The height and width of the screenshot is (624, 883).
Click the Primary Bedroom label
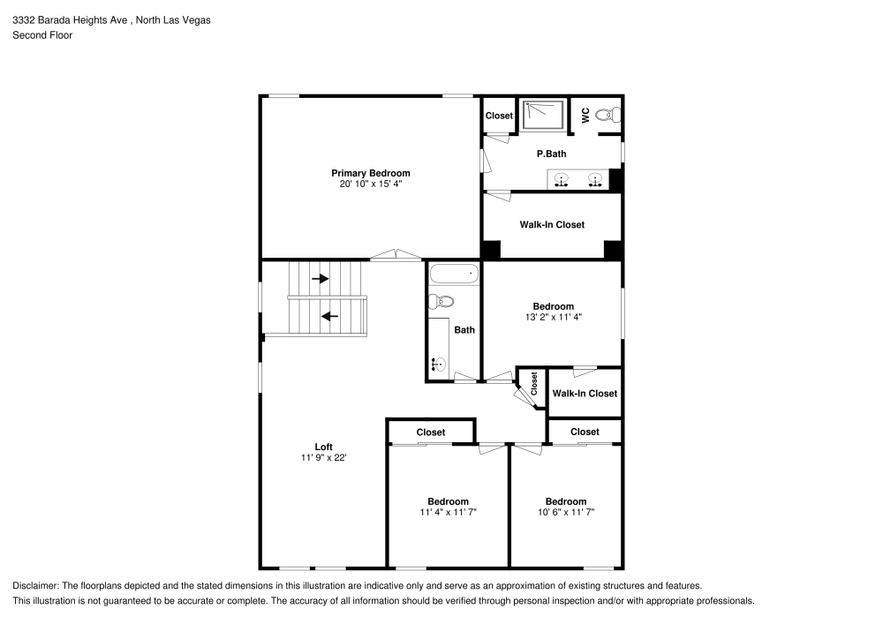tap(370, 173)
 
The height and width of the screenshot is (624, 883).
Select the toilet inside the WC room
tap(608, 115)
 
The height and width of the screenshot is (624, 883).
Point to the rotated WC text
tap(585, 115)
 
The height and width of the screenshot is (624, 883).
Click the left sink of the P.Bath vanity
tap(562, 181)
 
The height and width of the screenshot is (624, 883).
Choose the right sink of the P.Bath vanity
tap(597, 181)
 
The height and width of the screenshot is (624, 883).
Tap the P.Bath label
tap(551, 154)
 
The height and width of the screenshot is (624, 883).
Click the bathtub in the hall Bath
tap(454, 274)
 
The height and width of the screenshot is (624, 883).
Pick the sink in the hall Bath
tap(437, 363)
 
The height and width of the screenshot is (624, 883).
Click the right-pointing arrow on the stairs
tap(320, 278)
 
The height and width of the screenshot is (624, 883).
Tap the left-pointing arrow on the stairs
tap(329, 316)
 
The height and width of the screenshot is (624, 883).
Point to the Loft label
tap(323, 447)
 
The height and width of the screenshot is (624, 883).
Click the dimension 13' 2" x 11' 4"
tap(553, 317)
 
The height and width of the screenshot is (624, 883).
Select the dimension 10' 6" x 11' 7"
tap(565, 512)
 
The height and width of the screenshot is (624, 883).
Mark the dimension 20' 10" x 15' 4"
tap(370, 184)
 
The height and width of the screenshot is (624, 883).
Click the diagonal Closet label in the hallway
tap(534, 382)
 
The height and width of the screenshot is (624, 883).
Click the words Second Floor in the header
tap(42, 35)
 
